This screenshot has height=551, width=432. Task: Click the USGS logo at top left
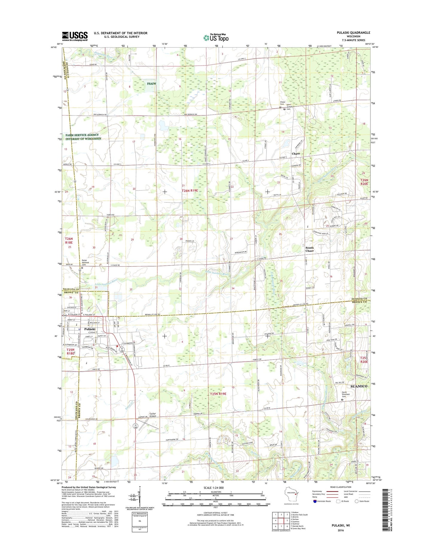[x=75, y=36]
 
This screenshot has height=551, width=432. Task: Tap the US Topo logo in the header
[x=216, y=37]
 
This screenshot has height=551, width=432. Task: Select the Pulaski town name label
[x=90, y=329]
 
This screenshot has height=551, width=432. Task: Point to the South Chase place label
[x=309, y=249]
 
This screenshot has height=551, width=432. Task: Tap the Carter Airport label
[x=152, y=415]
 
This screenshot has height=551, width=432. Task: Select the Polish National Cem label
[x=86, y=262]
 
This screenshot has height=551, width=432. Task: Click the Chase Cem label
[x=282, y=103]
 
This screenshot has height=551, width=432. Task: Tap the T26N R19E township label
[x=190, y=191]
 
